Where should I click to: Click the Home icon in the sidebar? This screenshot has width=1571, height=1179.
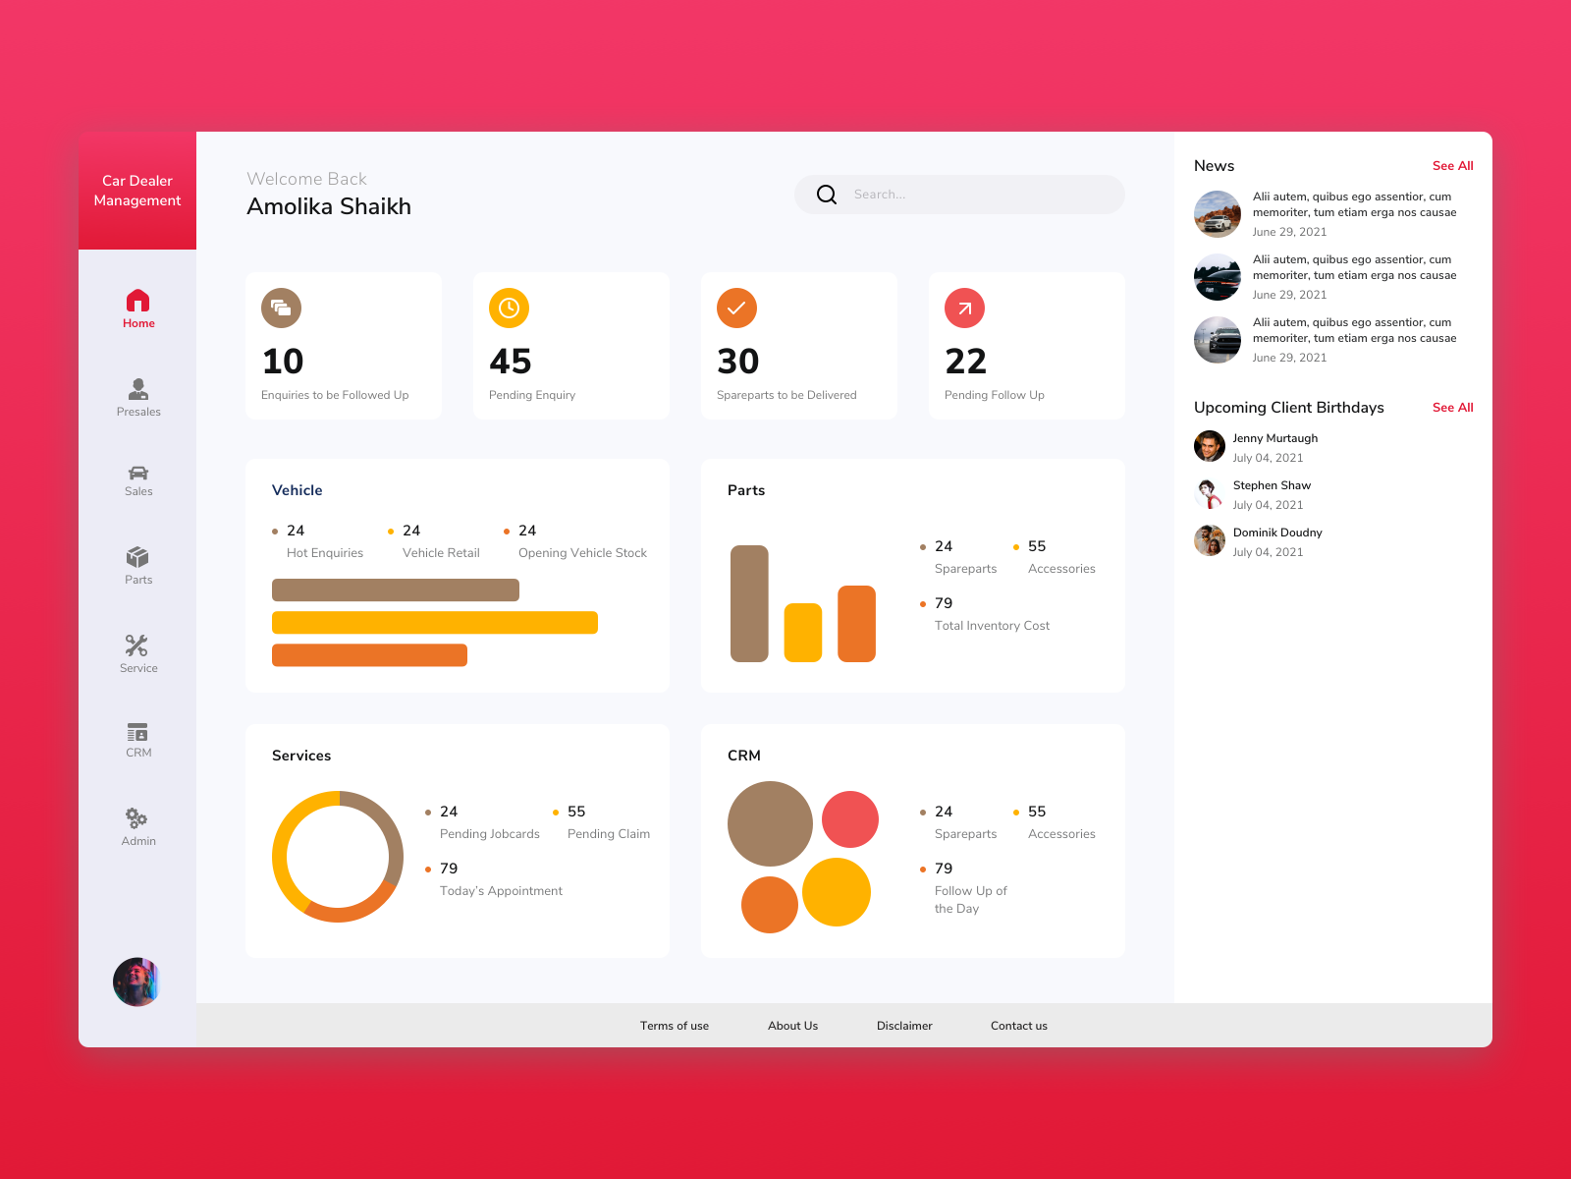(x=138, y=300)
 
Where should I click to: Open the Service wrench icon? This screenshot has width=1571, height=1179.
(x=136, y=646)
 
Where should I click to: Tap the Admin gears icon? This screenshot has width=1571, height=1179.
(x=136, y=818)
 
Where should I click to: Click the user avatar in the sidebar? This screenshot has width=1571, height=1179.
(x=136, y=982)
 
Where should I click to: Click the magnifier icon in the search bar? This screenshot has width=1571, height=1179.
(x=827, y=195)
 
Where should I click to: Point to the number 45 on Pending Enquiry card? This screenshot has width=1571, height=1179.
(x=511, y=362)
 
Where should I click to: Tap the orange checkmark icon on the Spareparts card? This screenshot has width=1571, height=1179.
(x=736, y=309)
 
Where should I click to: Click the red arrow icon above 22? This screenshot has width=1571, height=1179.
(x=964, y=309)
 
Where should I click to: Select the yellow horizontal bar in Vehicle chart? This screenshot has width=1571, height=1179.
(x=434, y=623)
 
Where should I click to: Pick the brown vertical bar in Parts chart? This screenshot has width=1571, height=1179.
(x=749, y=603)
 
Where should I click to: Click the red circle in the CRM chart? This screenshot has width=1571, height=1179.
(x=849, y=819)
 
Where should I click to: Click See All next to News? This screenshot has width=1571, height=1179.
(x=1452, y=166)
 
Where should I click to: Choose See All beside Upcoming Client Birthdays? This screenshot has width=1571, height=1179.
(x=1452, y=408)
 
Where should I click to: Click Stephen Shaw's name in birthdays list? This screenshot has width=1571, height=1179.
(x=1272, y=485)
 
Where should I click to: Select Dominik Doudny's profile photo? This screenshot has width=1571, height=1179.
(x=1210, y=540)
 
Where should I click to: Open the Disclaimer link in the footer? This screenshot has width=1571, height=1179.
(x=904, y=1026)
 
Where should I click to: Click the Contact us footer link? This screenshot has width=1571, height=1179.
(x=1018, y=1026)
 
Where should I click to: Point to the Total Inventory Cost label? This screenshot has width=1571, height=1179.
(x=992, y=626)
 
